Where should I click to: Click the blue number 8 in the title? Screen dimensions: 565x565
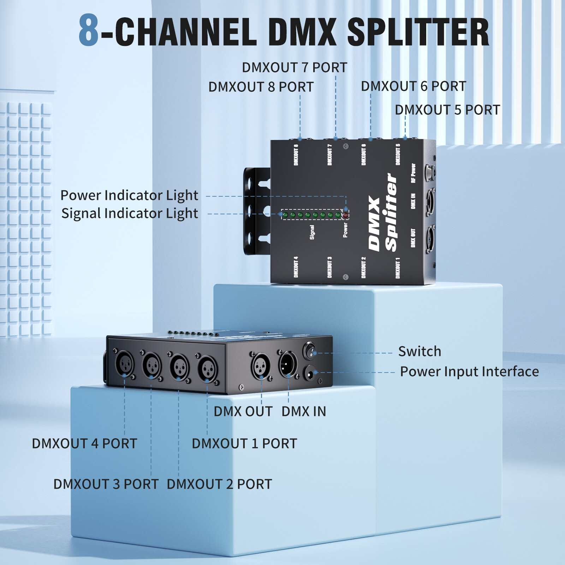point(88,30)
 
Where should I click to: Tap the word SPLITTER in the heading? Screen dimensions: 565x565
point(418,32)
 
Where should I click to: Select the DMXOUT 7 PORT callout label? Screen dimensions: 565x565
point(294,67)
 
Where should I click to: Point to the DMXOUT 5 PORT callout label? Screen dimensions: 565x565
point(447,110)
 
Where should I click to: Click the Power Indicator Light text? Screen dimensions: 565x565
point(129,195)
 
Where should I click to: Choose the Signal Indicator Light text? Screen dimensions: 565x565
point(129,214)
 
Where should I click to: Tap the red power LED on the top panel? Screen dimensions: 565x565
point(346,215)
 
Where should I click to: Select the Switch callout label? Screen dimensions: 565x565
point(420,351)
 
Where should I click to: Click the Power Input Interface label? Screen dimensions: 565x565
point(469,371)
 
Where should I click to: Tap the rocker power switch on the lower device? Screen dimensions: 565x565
point(310,351)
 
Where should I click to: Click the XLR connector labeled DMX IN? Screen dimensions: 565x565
point(288,364)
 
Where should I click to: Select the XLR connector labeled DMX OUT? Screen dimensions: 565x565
point(261,366)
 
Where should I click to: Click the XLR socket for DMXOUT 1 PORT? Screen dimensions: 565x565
point(208,369)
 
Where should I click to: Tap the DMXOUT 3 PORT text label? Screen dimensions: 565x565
point(106,484)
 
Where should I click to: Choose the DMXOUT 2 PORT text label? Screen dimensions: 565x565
point(219,484)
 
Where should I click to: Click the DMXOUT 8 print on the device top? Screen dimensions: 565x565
point(296,155)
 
